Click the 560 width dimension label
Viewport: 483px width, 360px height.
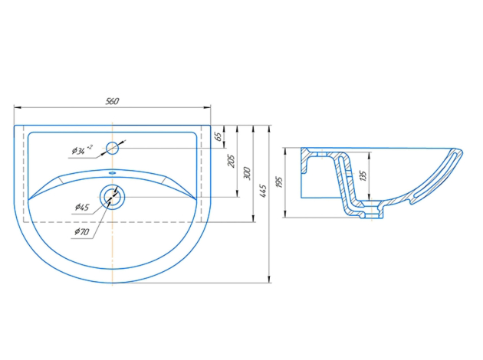[x=112, y=101]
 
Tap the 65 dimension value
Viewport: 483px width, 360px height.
[x=218, y=136]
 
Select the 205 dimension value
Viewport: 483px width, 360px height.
[x=231, y=161]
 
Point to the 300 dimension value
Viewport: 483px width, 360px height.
[x=247, y=174]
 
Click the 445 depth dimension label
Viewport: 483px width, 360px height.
[x=263, y=191]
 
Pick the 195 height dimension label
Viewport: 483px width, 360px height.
[x=279, y=182]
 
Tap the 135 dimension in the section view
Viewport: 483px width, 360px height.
[x=363, y=175]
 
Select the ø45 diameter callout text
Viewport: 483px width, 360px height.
[x=82, y=207]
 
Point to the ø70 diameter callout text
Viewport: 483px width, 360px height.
[x=82, y=231]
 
